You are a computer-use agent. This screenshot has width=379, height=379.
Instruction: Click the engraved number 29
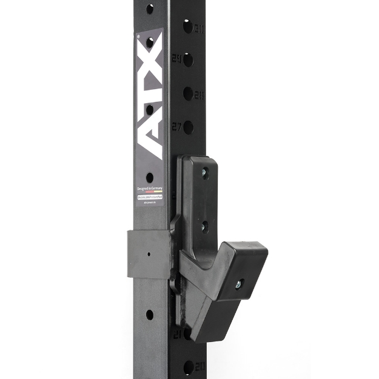(x=176, y=59)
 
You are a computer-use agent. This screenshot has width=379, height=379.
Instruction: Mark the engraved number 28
(x=199, y=95)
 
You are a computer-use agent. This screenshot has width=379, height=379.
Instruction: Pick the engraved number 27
(x=177, y=127)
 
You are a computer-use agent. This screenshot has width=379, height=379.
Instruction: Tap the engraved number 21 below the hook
(x=178, y=334)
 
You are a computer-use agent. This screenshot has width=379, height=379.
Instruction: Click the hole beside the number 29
(x=188, y=59)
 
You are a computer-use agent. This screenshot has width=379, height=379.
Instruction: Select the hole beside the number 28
(x=187, y=94)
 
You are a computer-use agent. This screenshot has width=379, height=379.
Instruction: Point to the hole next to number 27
(x=188, y=127)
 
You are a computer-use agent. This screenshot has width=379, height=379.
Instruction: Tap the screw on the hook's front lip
(x=242, y=283)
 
